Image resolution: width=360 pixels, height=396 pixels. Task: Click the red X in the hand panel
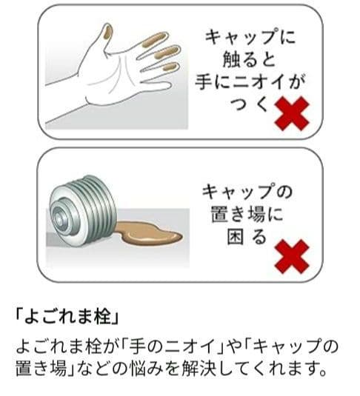[x=292, y=113]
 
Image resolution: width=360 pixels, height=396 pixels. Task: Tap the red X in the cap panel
[x=292, y=257]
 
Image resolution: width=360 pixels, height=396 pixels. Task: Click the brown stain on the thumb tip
[x=108, y=32]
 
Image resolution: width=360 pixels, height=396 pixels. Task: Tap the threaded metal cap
[x=82, y=211]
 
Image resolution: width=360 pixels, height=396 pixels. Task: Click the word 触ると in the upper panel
[x=249, y=59]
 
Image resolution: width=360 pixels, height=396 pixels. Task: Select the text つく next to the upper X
[x=250, y=104]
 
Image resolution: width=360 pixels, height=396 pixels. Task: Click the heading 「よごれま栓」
[x=66, y=316]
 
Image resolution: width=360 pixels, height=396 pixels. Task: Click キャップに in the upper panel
[x=250, y=37]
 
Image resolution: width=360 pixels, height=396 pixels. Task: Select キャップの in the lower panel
[x=247, y=192]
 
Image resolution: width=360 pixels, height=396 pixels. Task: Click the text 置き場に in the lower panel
[x=247, y=215]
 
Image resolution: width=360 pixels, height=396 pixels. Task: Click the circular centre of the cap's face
[x=60, y=219]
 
